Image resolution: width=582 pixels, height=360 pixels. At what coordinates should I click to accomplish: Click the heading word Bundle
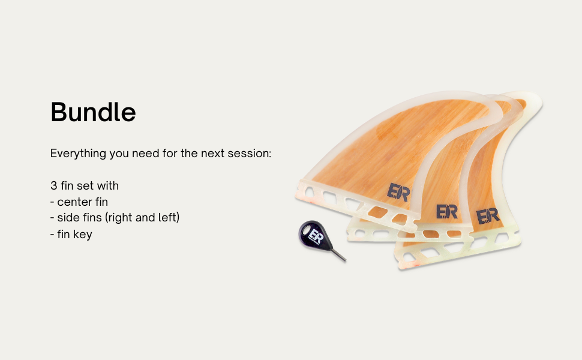(x=93, y=112)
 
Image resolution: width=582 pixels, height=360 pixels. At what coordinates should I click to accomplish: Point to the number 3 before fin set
(x=54, y=185)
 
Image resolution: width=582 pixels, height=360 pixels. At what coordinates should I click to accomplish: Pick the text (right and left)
(x=143, y=217)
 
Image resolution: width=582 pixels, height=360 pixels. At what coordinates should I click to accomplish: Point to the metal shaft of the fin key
(x=338, y=256)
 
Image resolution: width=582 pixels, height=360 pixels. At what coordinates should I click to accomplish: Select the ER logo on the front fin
(x=398, y=192)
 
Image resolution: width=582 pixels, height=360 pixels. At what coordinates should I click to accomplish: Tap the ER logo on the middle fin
(x=447, y=212)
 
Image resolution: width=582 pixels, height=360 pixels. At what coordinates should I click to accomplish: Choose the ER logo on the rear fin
(x=488, y=216)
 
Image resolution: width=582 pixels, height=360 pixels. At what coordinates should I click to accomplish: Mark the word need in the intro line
(x=143, y=153)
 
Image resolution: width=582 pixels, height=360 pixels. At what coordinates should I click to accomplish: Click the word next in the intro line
(x=212, y=154)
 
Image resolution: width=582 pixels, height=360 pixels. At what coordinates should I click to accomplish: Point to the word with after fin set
(x=107, y=185)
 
